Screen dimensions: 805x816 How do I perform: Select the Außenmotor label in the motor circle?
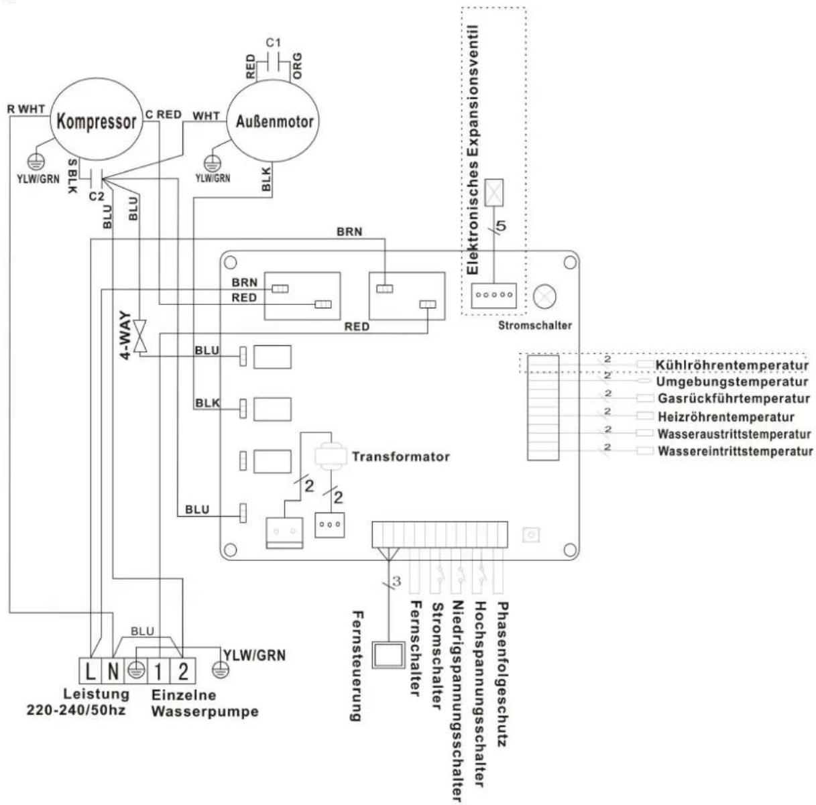tap(274, 122)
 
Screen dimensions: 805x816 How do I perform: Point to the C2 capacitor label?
tap(97, 196)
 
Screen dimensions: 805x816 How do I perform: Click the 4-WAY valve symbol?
tap(140, 335)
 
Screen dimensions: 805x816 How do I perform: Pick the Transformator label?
tap(400, 457)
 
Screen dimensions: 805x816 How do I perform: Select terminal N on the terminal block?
tap(113, 670)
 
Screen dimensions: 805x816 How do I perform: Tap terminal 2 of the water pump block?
tap(182, 670)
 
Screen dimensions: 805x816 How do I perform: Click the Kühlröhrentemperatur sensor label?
tap(732, 365)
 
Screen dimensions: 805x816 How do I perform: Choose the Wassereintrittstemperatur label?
tap(735, 451)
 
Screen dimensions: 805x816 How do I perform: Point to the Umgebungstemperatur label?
tap(731, 382)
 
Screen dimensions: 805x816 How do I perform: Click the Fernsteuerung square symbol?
tap(390, 655)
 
